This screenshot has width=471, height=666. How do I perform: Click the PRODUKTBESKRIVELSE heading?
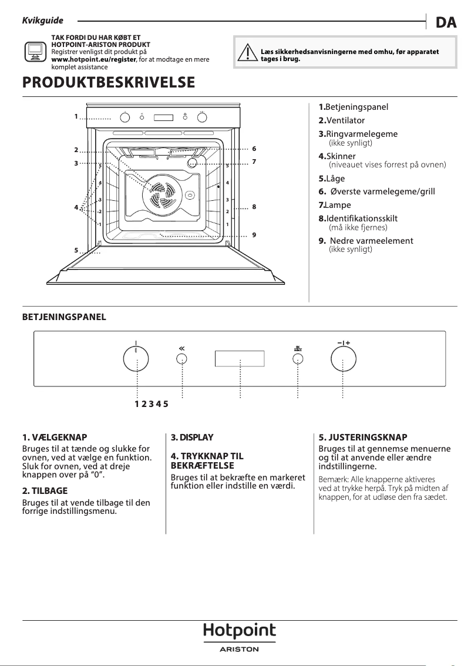108,83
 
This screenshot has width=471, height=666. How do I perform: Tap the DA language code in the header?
446,22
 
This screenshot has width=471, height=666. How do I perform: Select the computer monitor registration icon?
35,52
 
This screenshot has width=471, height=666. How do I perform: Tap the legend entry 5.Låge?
332,179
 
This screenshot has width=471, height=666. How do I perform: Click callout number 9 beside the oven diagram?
254,235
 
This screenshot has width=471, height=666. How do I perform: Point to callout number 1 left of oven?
76,116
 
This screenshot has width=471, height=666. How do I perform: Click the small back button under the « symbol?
182,359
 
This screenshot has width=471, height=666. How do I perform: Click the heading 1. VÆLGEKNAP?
54,438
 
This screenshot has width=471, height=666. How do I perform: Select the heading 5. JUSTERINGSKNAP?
362,438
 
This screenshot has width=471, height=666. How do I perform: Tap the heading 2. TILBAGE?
45,490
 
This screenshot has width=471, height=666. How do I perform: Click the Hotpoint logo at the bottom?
239,631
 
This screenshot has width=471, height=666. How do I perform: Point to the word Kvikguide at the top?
42,21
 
